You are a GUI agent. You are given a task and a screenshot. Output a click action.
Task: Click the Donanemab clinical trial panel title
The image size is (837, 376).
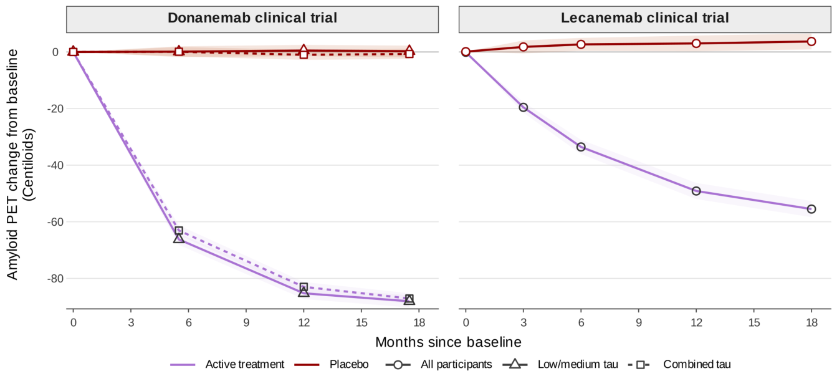pyautogui.click(x=252, y=18)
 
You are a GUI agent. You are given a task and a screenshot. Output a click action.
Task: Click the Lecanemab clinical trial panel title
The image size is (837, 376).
pyautogui.click(x=644, y=18)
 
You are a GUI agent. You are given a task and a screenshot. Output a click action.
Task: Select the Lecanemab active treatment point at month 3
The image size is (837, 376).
pyautogui.click(x=523, y=108)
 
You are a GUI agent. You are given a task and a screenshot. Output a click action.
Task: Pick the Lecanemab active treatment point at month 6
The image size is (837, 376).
pyautogui.click(x=581, y=147)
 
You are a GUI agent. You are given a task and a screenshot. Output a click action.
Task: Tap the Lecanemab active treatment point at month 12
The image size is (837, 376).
pyautogui.click(x=696, y=191)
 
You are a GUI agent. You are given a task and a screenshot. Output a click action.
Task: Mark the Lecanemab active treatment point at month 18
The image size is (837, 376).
pyautogui.click(x=811, y=209)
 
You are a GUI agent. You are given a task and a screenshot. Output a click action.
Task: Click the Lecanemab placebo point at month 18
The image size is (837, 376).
pyautogui.click(x=811, y=42)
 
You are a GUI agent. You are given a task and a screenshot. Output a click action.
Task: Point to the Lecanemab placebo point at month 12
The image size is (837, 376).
pyautogui.click(x=696, y=44)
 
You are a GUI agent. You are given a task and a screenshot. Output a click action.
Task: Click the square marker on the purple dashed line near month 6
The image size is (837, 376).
pyautogui.click(x=179, y=231)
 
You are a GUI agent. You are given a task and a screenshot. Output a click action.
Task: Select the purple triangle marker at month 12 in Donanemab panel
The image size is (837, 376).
pyautogui.click(x=304, y=292)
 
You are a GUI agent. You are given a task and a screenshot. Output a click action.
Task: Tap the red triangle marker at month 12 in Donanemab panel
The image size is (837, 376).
pyautogui.click(x=304, y=49)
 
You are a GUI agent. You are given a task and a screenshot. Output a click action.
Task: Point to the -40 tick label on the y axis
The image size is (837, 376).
pyautogui.click(x=53, y=165)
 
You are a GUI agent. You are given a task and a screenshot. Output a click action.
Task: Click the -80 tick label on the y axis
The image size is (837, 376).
pyautogui.click(x=53, y=279)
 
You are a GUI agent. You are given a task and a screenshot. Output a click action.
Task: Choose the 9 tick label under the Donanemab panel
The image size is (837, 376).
pyautogui.click(x=246, y=322)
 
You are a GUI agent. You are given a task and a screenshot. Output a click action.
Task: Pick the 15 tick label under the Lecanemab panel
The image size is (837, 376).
pyautogui.click(x=753, y=322)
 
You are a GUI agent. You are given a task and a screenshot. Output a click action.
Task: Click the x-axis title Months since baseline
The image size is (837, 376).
pyautogui.click(x=448, y=342)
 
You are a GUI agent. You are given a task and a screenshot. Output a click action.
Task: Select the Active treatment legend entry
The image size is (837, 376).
pyautogui.click(x=227, y=364)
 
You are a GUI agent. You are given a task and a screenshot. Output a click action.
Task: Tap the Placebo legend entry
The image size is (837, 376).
pyautogui.click(x=332, y=364)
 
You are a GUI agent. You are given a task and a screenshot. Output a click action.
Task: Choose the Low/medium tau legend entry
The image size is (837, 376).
pyautogui.click(x=560, y=364)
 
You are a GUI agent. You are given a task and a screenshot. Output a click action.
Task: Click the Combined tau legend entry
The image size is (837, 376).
pyautogui.click(x=679, y=364)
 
